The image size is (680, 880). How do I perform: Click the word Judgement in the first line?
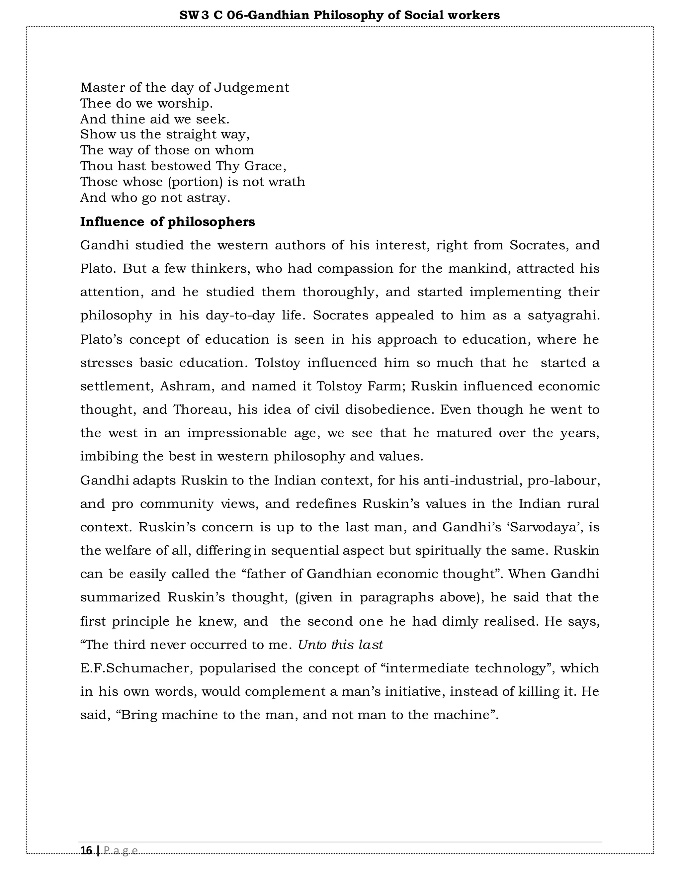point(251,87)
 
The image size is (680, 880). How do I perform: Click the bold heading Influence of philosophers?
point(168,221)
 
